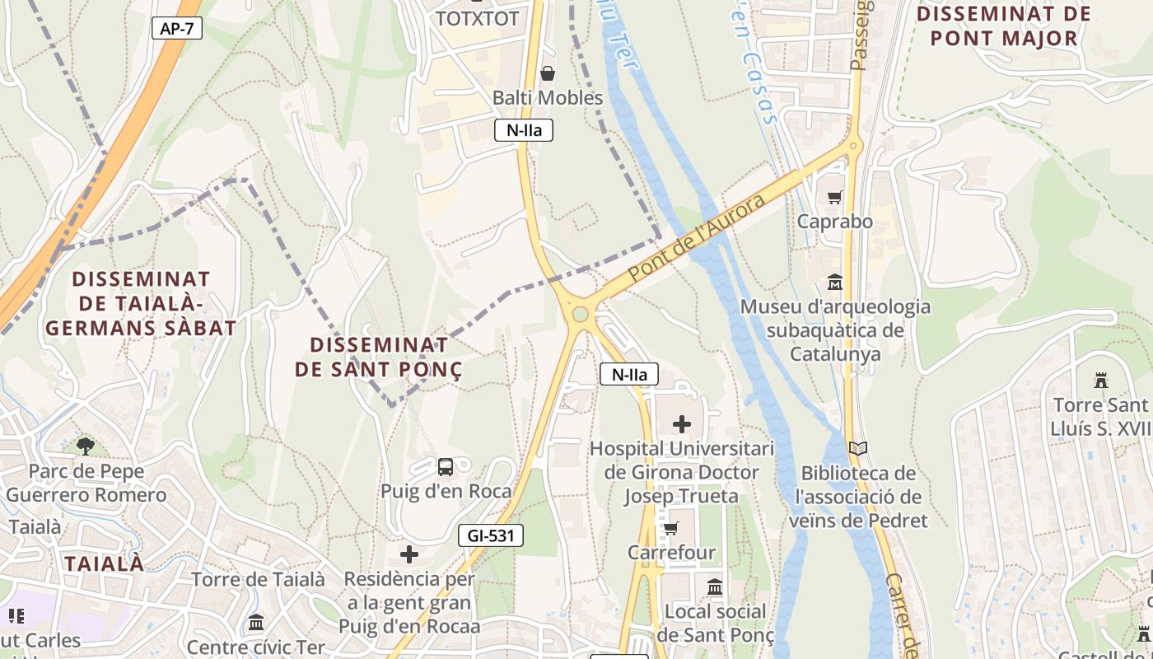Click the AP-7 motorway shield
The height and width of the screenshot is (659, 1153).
pos(177,28)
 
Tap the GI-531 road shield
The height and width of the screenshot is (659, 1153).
pos(491,535)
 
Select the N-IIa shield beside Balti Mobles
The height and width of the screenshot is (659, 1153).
pos(524,129)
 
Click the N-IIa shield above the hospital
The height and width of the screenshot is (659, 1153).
pos(629,375)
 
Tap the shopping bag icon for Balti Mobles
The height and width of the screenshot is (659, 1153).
pos(548,73)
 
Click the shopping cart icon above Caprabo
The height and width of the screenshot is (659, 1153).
pos(834,197)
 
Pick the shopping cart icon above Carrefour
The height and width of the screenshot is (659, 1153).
pos(671,527)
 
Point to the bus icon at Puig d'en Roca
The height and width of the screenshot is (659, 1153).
pos(446,467)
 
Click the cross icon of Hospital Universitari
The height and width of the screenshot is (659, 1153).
pos(682,424)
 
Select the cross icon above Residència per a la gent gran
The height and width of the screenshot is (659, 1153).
pos(409,554)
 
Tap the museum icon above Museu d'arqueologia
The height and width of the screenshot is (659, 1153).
pos(835,283)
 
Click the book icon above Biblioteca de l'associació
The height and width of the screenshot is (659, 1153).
pos(858,449)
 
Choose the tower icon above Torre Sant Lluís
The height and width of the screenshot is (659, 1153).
pos(1100,381)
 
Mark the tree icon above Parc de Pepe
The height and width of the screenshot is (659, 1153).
pos(85,446)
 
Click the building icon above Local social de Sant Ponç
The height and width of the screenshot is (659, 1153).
pos(715,587)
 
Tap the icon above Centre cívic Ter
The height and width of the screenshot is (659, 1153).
pos(256,622)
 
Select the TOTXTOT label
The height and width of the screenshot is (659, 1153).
pos(478,18)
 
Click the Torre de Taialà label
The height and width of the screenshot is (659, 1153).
pos(258,579)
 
